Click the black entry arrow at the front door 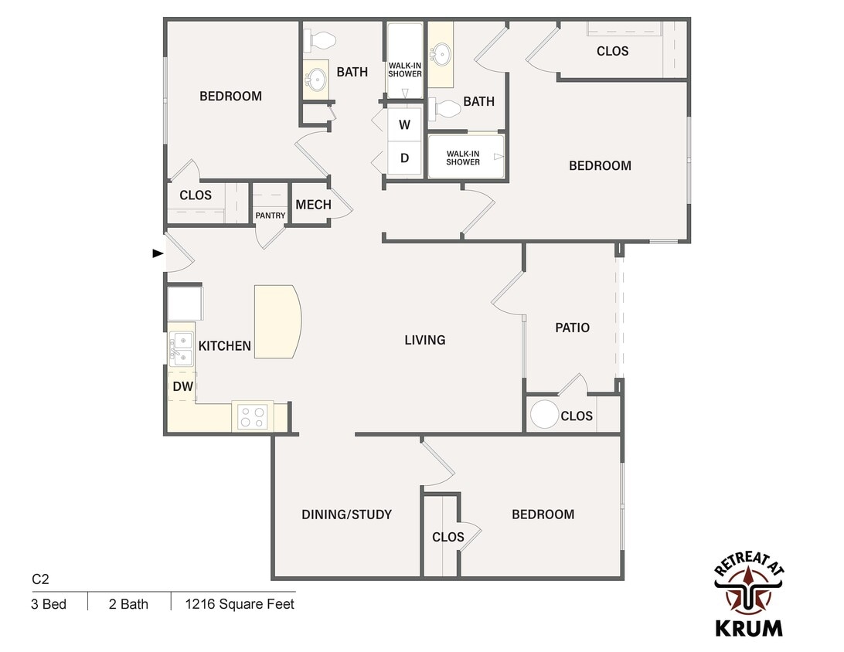(x=158, y=253)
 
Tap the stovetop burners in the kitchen (x=253, y=416)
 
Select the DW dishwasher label (x=183, y=386)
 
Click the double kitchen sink (x=182, y=349)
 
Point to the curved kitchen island (x=277, y=321)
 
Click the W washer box (x=405, y=125)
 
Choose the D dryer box (x=405, y=158)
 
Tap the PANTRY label (x=271, y=216)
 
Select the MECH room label (x=313, y=205)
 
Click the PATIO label (x=572, y=328)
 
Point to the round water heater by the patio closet (x=544, y=414)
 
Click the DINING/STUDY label (x=346, y=514)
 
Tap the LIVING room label (x=424, y=340)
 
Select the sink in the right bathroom (x=442, y=54)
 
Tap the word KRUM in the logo (x=749, y=628)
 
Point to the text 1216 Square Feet (x=240, y=604)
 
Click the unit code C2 (x=40, y=579)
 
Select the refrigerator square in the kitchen (x=185, y=304)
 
